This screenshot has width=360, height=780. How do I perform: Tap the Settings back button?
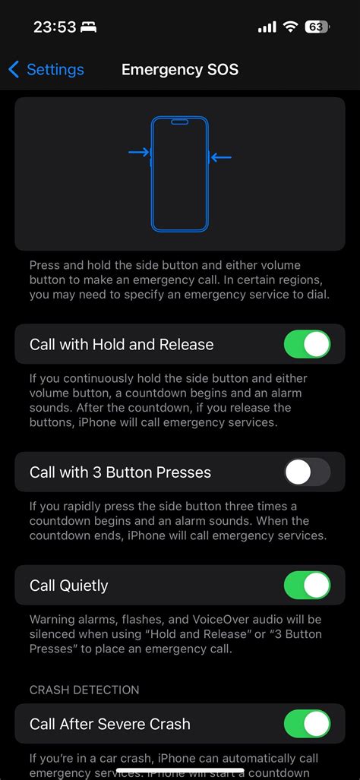point(46,70)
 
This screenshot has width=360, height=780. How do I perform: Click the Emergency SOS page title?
point(180,70)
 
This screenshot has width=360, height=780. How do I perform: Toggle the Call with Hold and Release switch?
point(307,344)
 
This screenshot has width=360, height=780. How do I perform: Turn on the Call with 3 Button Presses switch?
point(307,472)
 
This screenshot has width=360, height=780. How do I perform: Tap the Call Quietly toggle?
point(307,586)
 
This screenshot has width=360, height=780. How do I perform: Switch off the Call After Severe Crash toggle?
point(307,724)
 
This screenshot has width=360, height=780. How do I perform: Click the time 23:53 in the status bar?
point(55,27)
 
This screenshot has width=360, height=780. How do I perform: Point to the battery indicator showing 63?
point(316,27)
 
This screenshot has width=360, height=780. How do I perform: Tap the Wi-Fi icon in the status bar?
point(289,27)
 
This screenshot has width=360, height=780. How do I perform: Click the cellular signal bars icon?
point(267,27)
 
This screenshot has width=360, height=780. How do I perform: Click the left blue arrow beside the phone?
point(139,153)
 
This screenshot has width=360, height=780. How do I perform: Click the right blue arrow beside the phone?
point(221,157)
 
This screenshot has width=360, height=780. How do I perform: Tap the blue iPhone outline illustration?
point(180,174)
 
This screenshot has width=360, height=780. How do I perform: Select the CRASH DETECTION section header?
point(84,690)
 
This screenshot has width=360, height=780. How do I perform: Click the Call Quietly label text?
point(68,586)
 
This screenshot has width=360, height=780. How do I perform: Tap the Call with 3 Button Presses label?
point(120,472)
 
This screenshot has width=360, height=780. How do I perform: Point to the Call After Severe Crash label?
point(110,724)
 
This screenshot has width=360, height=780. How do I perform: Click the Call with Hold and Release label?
point(122,344)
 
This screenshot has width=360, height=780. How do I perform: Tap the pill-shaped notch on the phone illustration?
point(180,122)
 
